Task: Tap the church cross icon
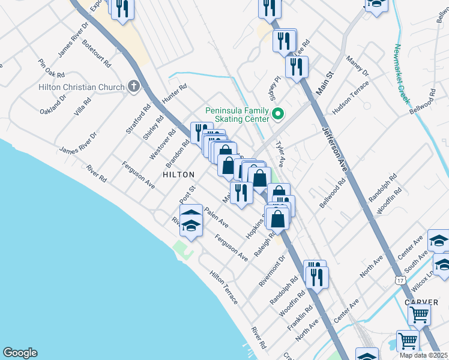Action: (133, 87)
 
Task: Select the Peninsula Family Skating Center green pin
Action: (278, 113)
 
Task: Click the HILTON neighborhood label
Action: (179, 174)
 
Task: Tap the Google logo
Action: (20, 353)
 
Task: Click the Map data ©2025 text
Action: (423, 355)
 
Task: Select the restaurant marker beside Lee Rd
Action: (285, 40)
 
